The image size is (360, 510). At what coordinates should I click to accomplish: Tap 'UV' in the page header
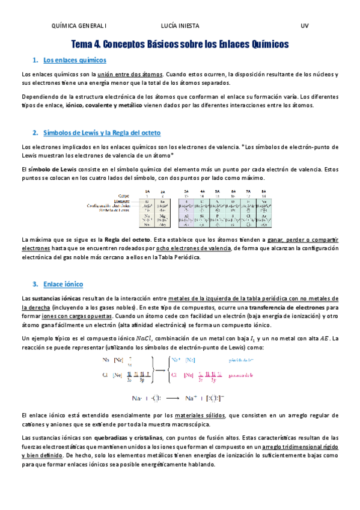(305, 26)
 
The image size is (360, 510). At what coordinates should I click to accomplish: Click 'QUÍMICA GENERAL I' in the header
(79, 26)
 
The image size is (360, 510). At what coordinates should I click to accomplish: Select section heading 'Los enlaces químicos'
(75, 60)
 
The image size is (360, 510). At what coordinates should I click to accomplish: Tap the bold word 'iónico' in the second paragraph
(74, 105)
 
